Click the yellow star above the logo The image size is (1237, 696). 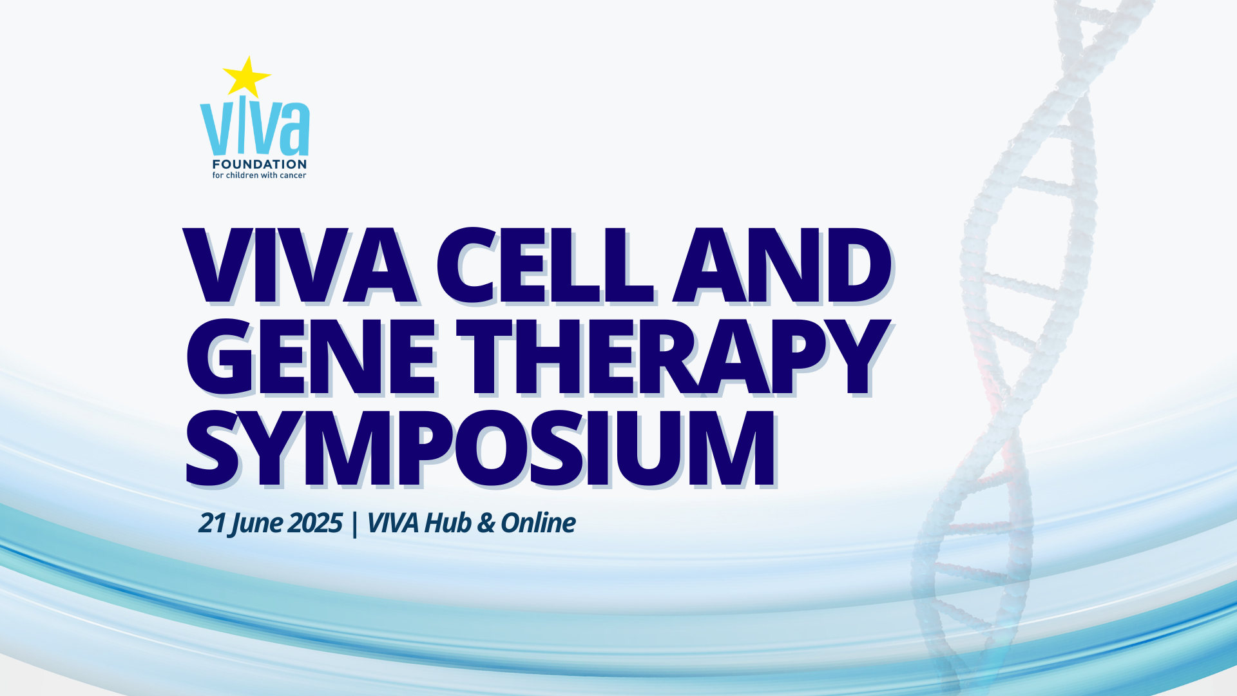coord(246,77)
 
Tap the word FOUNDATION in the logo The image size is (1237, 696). coord(259,164)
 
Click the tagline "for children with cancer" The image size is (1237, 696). coord(259,175)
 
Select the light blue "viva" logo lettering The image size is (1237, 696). coord(255,128)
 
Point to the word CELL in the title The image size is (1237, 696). coord(545,266)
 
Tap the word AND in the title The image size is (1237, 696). coord(782,266)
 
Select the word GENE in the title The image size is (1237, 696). coord(311,356)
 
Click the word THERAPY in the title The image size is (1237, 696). coord(673,356)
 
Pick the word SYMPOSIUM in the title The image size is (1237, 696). coord(481,448)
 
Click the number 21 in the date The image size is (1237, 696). coord(211,523)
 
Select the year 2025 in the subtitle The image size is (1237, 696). coord(315,523)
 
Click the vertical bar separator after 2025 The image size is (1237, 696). coord(355,524)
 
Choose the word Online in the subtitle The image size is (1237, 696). coord(538,523)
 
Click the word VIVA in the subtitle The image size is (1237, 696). coord(393,523)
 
